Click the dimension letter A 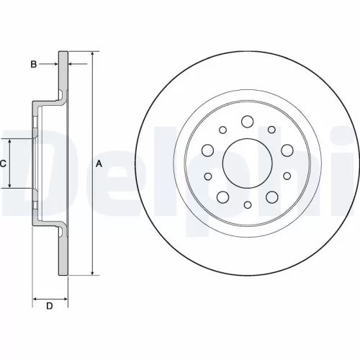click(99, 164)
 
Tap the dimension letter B click(34, 65)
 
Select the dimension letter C click(3, 164)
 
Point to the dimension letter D click(50, 307)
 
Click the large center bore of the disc click(247, 163)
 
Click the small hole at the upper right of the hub click(271, 130)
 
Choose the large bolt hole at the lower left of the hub click(222, 197)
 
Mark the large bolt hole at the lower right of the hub click(272, 197)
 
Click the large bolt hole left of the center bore click(208, 150)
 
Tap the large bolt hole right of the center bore click(287, 150)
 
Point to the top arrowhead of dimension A click(91, 55)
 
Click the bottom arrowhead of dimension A click(91, 271)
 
